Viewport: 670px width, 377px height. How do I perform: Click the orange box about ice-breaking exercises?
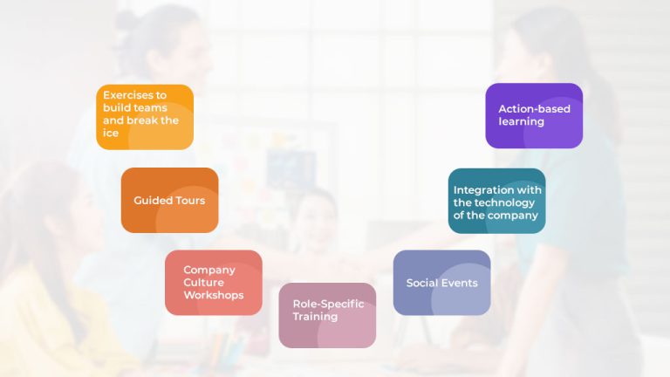click(x=145, y=117)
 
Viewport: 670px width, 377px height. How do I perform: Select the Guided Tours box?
click(x=169, y=200)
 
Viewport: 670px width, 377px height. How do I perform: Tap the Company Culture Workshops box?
click(x=213, y=282)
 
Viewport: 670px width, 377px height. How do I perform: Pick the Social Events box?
click(x=441, y=282)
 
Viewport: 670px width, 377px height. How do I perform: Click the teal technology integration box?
click(x=496, y=201)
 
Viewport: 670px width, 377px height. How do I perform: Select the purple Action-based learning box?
click(x=534, y=115)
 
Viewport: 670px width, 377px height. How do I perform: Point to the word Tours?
click(x=189, y=201)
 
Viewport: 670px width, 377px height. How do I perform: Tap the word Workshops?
click(x=213, y=295)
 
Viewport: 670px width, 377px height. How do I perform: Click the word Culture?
click(x=203, y=283)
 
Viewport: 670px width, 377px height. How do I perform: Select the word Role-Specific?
click(x=328, y=304)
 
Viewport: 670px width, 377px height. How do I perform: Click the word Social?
click(x=423, y=283)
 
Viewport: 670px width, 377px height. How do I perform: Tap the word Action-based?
click(x=534, y=109)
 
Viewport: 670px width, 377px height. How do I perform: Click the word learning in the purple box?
click(x=521, y=121)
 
